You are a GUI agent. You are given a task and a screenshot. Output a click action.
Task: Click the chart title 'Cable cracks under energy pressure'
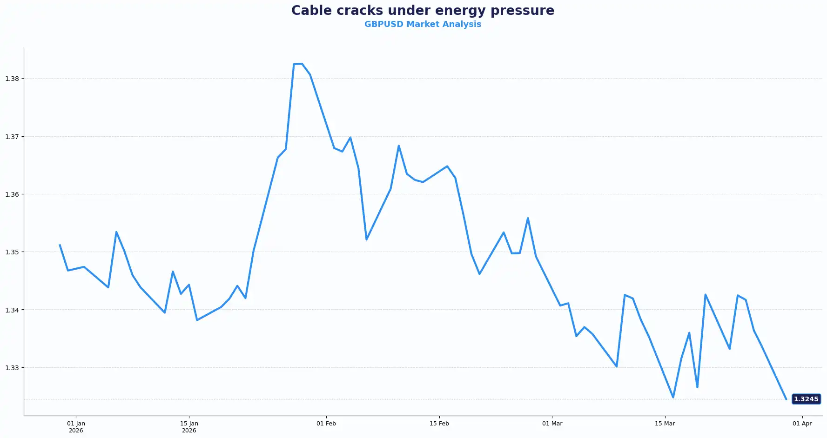[423, 10]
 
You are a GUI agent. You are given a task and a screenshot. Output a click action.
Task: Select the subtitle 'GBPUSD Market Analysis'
[423, 24]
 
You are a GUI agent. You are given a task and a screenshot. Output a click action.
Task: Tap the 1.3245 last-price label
[806, 399]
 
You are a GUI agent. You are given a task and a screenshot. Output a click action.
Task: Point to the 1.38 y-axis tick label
[12, 79]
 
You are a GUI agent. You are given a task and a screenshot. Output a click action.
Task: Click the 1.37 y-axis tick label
[12, 137]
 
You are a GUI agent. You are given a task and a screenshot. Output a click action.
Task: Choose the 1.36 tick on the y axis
[12, 194]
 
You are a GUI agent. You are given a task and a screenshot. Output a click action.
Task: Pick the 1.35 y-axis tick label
[12, 252]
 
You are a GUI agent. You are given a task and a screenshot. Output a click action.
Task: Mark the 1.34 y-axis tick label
[12, 310]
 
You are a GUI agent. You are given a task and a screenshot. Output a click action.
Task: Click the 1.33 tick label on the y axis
[12, 368]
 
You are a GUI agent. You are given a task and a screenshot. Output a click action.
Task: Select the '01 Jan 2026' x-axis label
[76, 427]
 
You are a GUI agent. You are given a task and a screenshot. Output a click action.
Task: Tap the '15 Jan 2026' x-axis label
[189, 427]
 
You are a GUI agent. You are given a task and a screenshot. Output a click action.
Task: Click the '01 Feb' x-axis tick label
[326, 424]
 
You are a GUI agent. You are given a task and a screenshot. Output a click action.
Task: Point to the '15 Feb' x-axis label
[439, 424]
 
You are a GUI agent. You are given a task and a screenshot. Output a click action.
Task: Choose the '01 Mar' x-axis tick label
[552, 424]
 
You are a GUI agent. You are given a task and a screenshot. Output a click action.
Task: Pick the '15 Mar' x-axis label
[665, 424]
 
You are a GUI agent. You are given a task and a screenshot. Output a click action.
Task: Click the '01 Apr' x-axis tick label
[802, 424]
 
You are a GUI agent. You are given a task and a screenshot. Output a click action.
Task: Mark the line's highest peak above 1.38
[302, 64]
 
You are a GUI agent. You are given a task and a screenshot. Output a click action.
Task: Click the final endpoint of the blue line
[786, 399]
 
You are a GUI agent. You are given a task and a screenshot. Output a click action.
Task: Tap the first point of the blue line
[60, 245]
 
